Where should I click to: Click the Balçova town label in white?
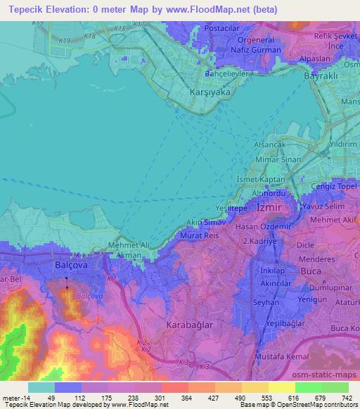point(71,266)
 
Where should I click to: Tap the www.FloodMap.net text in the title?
point(205,9)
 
